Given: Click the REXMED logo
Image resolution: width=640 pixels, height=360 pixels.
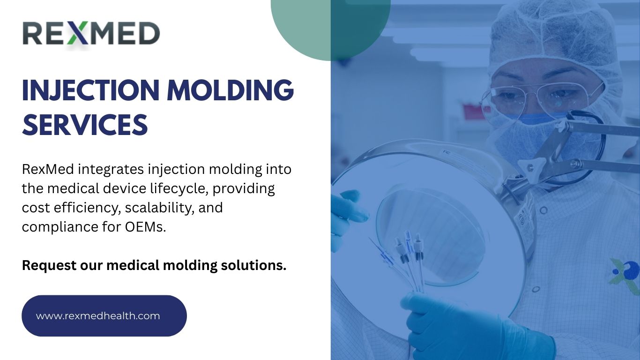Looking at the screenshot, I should [x=91, y=34].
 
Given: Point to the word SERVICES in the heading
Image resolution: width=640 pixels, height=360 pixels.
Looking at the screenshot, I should [x=85, y=125].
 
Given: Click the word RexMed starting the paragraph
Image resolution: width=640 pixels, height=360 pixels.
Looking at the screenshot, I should [x=45, y=169].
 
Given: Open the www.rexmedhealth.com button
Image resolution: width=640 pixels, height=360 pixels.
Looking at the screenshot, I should [x=104, y=315].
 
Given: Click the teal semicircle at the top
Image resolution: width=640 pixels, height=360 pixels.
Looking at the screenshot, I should [x=331, y=28].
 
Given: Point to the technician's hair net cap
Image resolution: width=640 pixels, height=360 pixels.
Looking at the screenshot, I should [x=553, y=33].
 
